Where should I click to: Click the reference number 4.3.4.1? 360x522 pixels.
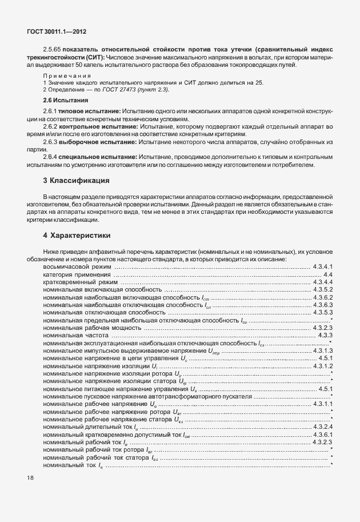click(323, 266)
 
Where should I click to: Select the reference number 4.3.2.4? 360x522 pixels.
click(323, 427)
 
